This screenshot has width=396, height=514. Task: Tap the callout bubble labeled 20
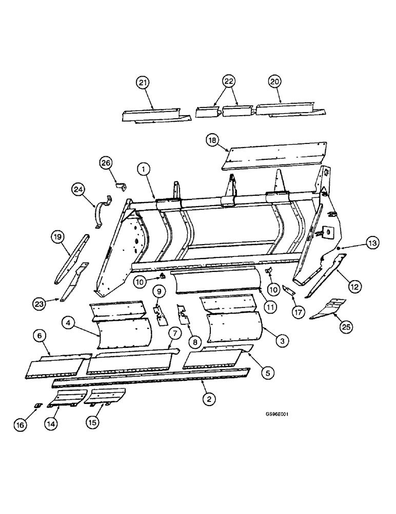pos(275,83)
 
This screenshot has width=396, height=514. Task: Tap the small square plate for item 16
pos(37,406)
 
